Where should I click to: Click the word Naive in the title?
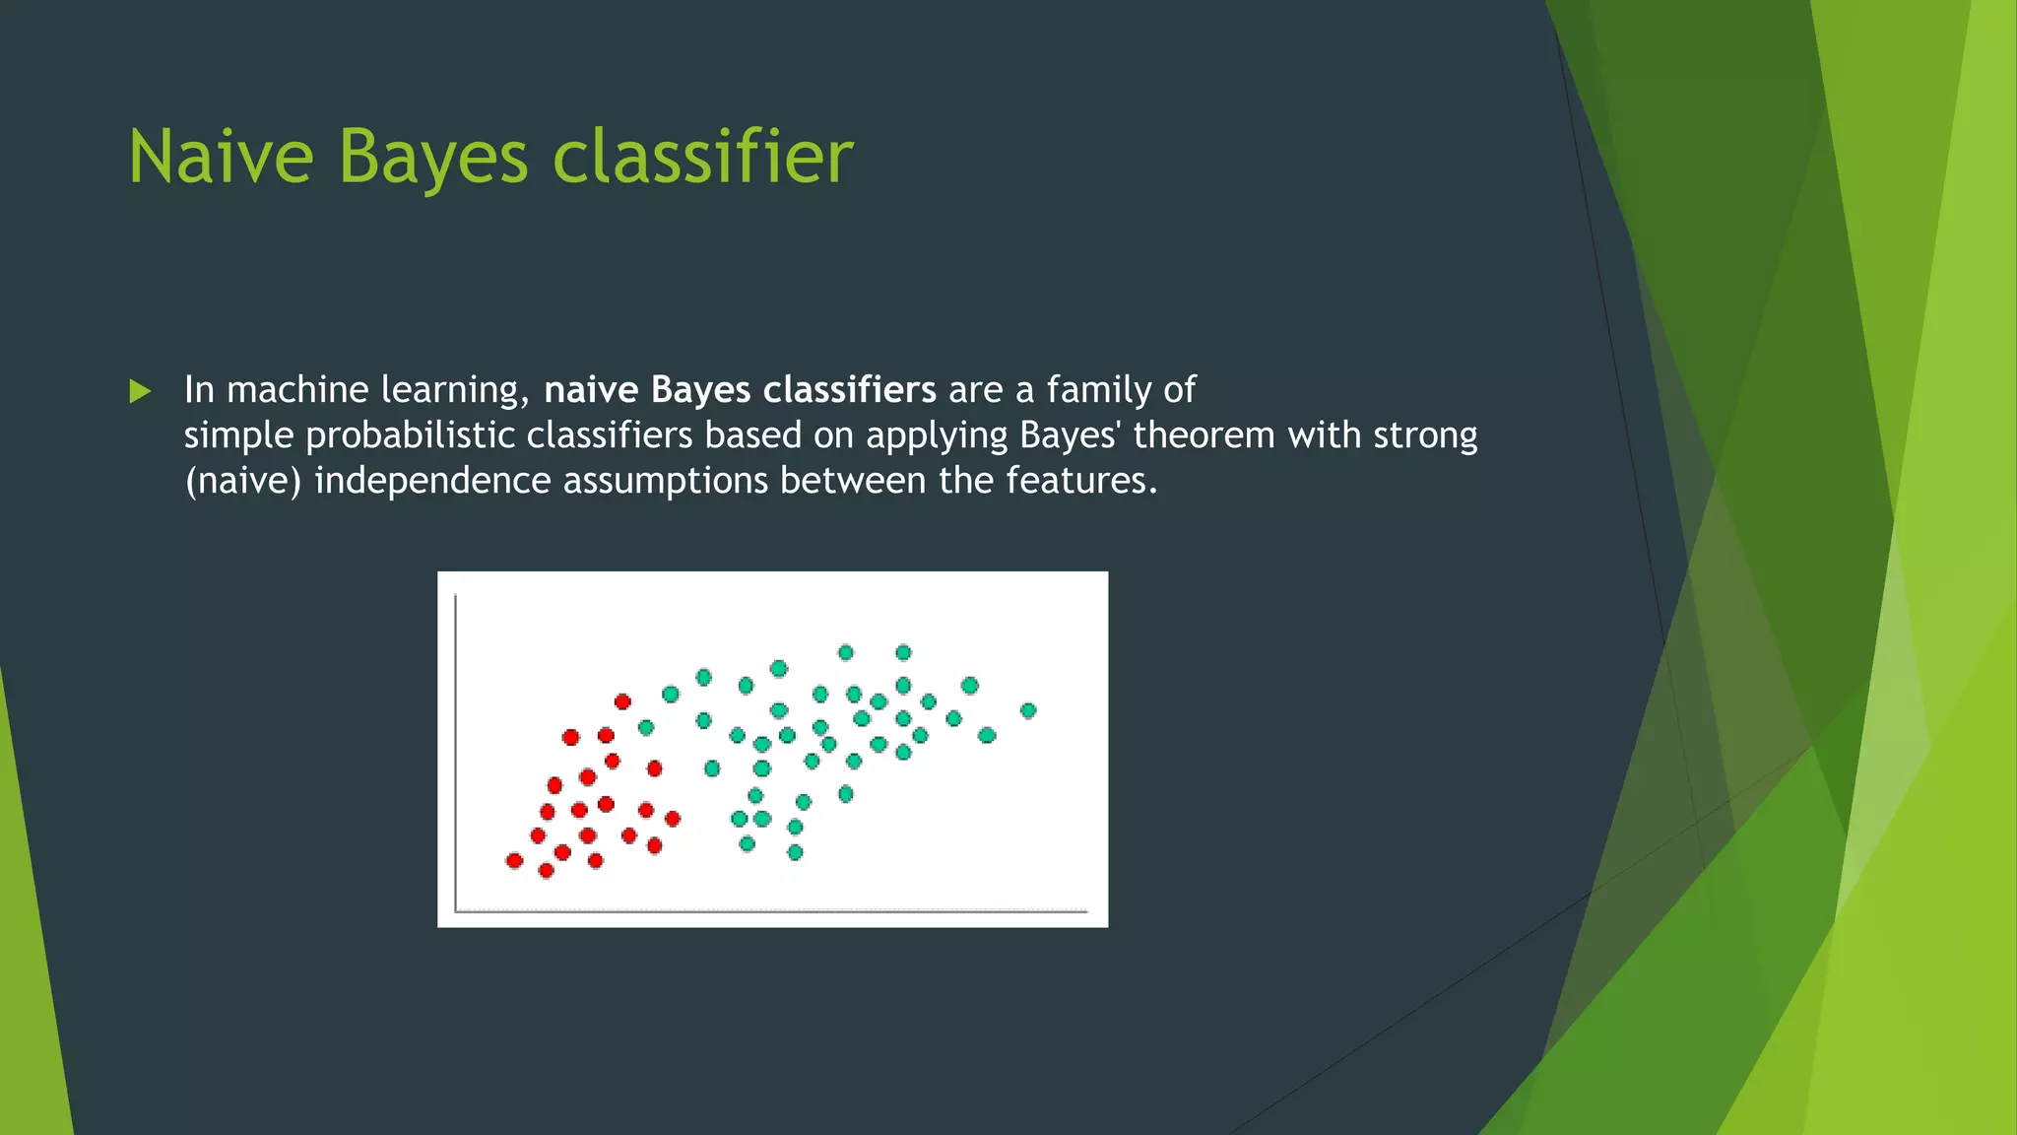coord(221,157)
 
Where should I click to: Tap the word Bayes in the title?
coord(433,157)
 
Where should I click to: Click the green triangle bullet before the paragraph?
coord(140,391)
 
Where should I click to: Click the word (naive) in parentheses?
coord(242,481)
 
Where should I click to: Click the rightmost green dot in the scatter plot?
coord(1028,710)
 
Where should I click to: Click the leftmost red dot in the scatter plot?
coord(514,860)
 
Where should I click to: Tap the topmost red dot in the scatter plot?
coord(622,701)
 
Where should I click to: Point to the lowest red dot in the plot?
coord(547,870)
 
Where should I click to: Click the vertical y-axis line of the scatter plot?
coord(456,749)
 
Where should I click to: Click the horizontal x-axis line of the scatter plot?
coord(768,911)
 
